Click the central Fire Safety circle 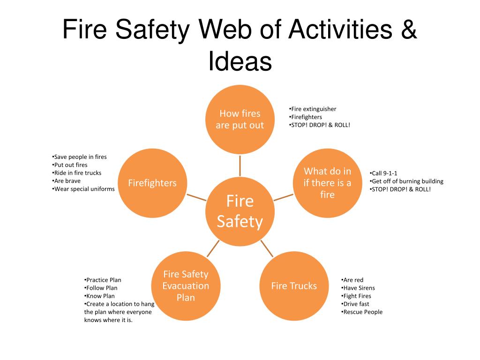coord(240,211)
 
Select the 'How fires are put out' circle coord(240,120)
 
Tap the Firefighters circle coord(152,183)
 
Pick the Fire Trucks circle coord(294,286)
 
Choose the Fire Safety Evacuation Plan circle coord(186,286)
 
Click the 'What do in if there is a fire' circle coord(328,183)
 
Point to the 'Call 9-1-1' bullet coord(383,173)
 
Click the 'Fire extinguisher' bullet coord(313,109)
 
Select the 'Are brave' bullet coord(67,181)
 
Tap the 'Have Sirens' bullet coord(358,288)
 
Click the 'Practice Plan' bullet coord(103,280)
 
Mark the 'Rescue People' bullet coord(362,312)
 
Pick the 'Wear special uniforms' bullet coord(83,189)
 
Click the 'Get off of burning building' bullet coord(406,181)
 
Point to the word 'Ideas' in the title coord(240,61)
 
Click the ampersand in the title coord(409,29)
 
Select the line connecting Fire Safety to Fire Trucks coord(267,248)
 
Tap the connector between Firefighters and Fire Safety coord(196,197)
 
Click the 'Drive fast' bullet coord(355,304)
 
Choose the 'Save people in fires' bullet coord(80,157)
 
